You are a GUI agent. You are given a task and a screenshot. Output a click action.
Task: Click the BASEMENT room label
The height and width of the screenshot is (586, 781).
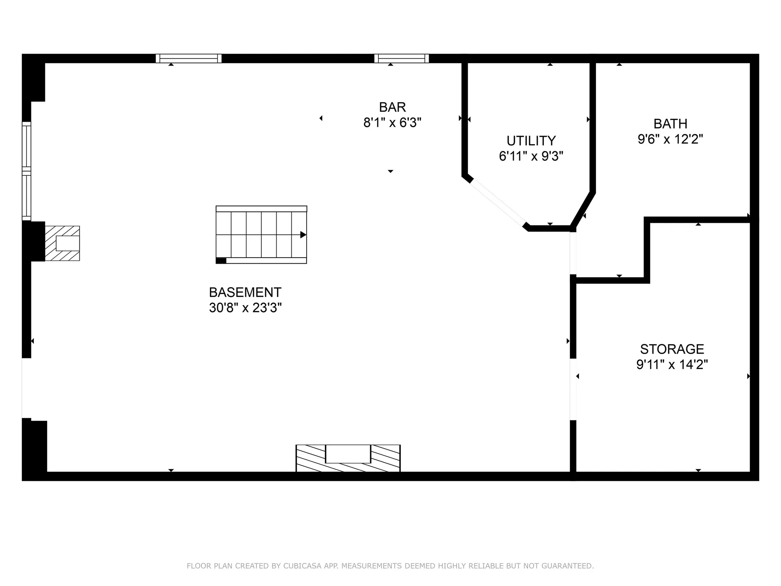pyautogui.click(x=245, y=292)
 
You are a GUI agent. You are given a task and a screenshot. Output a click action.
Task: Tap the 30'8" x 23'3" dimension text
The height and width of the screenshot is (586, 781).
pyautogui.click(x=245, y=308)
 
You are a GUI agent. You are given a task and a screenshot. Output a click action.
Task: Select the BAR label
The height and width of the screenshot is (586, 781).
pyautogui.click(x=392, y=107)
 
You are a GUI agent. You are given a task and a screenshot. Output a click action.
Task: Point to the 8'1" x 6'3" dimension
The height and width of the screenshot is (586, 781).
pyautogui.click(x=392, y=122)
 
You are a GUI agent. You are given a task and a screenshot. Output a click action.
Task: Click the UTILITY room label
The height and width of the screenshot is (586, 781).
pyautogui.click(x=531, y=141)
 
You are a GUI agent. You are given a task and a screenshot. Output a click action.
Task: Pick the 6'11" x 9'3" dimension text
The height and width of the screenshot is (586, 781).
pyautogui.click(x=531, y=156)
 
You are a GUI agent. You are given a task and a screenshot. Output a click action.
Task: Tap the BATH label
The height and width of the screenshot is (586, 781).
pyautogui.click(x=670, y=124)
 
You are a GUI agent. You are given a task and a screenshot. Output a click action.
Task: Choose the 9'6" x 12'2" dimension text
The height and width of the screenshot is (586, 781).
pyautogui.click(x=670, y=139)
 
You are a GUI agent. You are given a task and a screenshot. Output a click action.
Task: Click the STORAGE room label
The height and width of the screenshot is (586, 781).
pyautogui.click(x=672, y=349)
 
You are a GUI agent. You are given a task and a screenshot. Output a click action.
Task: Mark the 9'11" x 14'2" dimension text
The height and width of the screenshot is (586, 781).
pyautogui.click(x=672, y=364)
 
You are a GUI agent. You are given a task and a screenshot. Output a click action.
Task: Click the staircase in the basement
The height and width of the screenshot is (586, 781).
pyautogui.click(x=261, y=235)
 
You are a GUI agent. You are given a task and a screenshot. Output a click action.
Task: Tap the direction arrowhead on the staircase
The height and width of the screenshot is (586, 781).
pyautogui.click(x=303, y=235)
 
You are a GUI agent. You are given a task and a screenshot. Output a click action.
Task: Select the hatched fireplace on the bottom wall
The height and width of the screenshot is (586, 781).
pyautogui.click(x=348, y=458)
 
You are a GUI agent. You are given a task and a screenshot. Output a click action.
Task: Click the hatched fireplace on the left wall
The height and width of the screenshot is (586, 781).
pyautogui.click(x=62, y=243)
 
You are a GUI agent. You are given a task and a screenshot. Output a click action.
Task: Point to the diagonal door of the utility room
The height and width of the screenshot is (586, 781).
pyautogui.click(x=497, y=203)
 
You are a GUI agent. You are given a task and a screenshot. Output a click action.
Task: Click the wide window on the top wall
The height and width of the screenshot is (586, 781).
pyautogui.click(x=188, y=59)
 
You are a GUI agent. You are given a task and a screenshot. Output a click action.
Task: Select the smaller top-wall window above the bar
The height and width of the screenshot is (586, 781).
pyautogui.click(x=401, y=59)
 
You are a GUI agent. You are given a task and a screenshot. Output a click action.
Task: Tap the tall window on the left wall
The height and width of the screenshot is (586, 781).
pyautogui.click(x=26, y=171)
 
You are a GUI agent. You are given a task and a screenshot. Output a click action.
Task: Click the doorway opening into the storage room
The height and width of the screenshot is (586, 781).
pyautogui.click(x=573, y=389)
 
